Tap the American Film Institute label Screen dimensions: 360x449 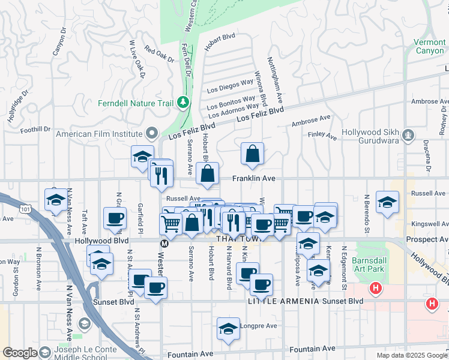[99, 134]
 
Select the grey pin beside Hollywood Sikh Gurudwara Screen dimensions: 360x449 [409, 134]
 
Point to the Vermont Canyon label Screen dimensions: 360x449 [430, 47]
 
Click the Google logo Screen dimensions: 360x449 [20, 353]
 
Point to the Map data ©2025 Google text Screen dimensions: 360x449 [412, 355]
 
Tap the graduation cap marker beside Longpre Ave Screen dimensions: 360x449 [228, 329]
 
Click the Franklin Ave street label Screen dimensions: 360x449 [254, 178]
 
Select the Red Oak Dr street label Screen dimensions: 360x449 [159, 55]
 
